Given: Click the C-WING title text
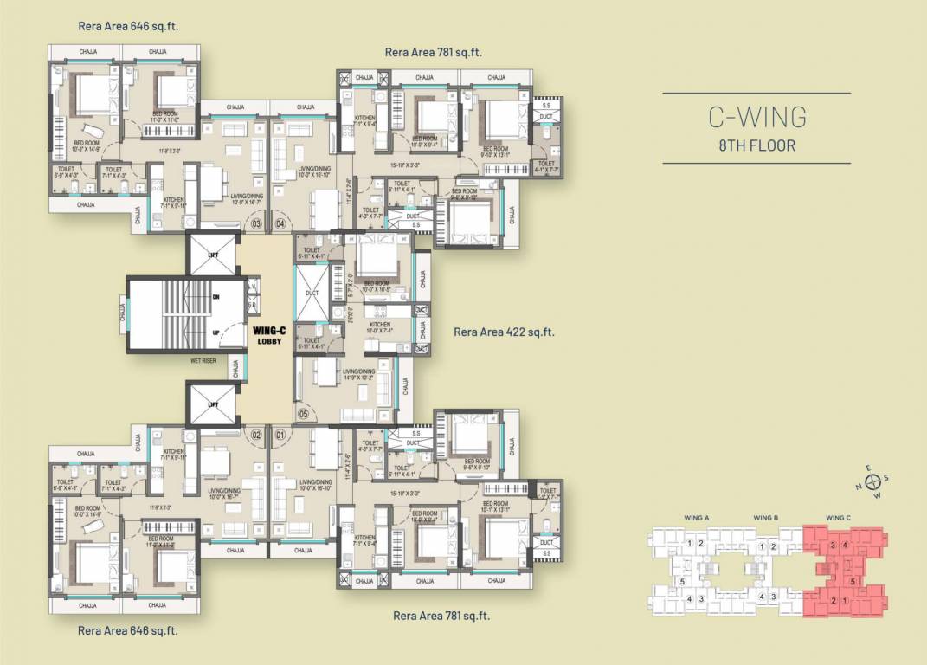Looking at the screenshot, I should (756, 116).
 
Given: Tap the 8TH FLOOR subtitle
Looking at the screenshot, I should (756, 145).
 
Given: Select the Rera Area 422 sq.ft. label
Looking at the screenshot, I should (504, 332).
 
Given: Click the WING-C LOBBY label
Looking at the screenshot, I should (268, 335).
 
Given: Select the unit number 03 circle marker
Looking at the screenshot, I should (256, 223).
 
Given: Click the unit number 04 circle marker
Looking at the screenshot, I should (280, 223).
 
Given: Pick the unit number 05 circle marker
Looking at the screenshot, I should (304, 415).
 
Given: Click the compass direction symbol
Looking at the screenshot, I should (873, 481).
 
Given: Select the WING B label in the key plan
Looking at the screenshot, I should (765, 518).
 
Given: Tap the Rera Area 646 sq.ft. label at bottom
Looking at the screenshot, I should (128, 631).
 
